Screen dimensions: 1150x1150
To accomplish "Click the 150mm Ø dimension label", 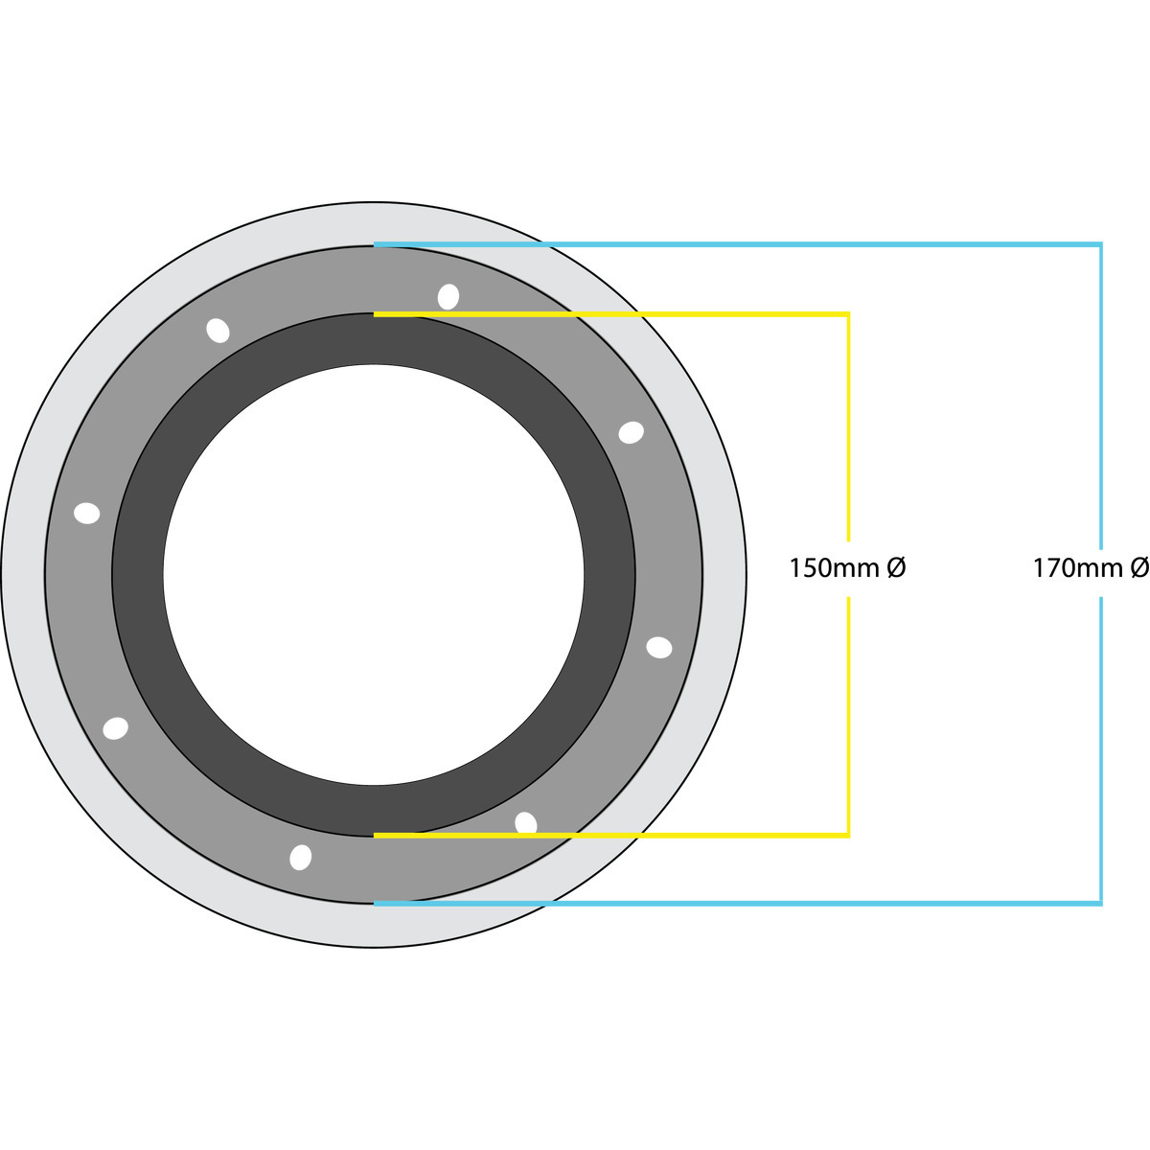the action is pyautogui.click(x=847, y=567).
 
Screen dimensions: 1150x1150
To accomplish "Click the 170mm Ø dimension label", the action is pyautogui.click(x=1091, y=567).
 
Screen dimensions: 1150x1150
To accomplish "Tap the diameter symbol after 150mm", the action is pyautogui.click(x=896, y=567).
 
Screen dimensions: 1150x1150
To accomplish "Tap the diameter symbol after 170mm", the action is pyautogui.click(x=1139, y=567).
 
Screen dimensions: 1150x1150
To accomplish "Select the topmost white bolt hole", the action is pyautogui.click(x=448, y=296).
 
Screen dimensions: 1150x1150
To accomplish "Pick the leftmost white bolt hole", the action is pyautogui.click(x=87, y=513).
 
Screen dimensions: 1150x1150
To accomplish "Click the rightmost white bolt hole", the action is pyautogui.click(x=658, y=648).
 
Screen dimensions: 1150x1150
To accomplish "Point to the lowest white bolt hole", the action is pyautogui.click(x=300, y=858).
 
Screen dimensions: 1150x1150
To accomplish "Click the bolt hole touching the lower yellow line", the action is pyautogui.click(x=526, y=821).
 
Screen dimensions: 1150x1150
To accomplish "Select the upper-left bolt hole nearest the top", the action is pyautogui.click(x=218, y=331).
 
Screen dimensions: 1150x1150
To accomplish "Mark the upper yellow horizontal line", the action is pyautogui.click(x=611, y=314).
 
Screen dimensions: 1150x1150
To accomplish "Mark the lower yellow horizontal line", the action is pyautogui.click(x=611, y=836).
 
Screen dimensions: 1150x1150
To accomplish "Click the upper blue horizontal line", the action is pyautogui.click(x=738, y=244).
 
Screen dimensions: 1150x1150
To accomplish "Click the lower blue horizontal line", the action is pyautogui.click(x=738, y=904).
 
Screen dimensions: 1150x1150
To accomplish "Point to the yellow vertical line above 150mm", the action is pyautogui.click(x=848, y=426).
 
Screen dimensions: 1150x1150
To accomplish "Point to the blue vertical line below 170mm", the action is pyautogui.click(x=1101, y=751).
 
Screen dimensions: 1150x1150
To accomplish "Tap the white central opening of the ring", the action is pyautogui.click(x=374, y=574).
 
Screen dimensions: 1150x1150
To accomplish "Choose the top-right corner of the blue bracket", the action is pyautogui.click(x=1102, y=243).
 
